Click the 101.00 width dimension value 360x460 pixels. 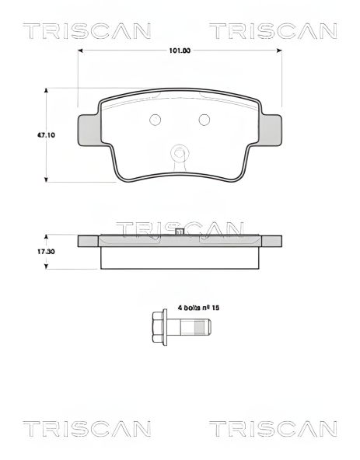tap(180, 51)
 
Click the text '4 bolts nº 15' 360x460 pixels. tap(198, 308)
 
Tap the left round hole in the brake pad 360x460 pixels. tap(154, 120)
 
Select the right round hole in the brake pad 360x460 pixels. tap(204, 120)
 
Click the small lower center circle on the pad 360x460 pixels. tap(180, 152)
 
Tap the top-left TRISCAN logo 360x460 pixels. tap(86, 31)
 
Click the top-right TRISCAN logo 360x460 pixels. tap(273, 31)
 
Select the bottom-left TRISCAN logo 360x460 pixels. tap(86, 428)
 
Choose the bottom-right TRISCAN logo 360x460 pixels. tap(273, 428)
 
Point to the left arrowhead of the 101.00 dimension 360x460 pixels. tap(81, 51)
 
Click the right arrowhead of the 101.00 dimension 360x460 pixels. tap(278, 51)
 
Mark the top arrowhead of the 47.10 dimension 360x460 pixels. tap(47, 91)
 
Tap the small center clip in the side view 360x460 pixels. tap(180, 231)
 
